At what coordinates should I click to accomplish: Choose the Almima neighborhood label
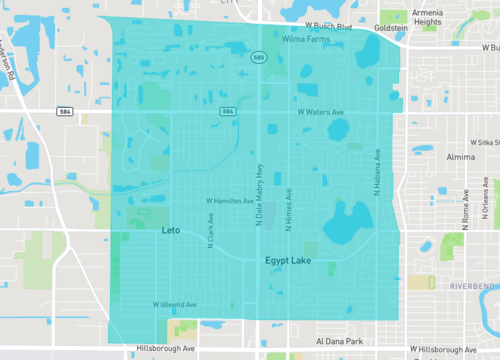(x=461, y=157)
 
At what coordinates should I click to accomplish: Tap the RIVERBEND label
(x=472, y=286)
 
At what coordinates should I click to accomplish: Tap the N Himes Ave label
(x=288, y=209)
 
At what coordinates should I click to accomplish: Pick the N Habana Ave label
(x=378, y=171)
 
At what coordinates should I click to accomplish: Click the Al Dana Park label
(x=338, y=341)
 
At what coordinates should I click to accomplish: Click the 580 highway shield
(x=258, y=58)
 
